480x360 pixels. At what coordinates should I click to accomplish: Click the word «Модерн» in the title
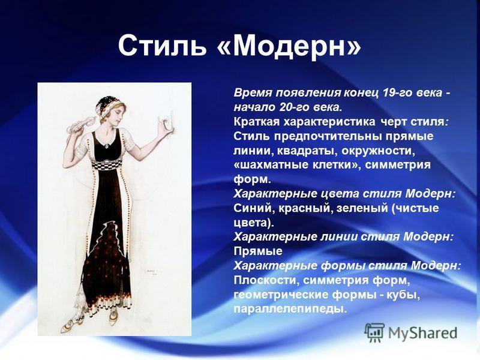[x=289, y=46]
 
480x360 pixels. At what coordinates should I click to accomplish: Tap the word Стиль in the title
[x=162, y=46]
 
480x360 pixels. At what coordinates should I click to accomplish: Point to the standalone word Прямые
[x=258, y=251]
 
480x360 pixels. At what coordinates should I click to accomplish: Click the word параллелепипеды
[x=290, y=308]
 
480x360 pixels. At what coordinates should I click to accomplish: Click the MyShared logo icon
[x=374, y=332]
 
